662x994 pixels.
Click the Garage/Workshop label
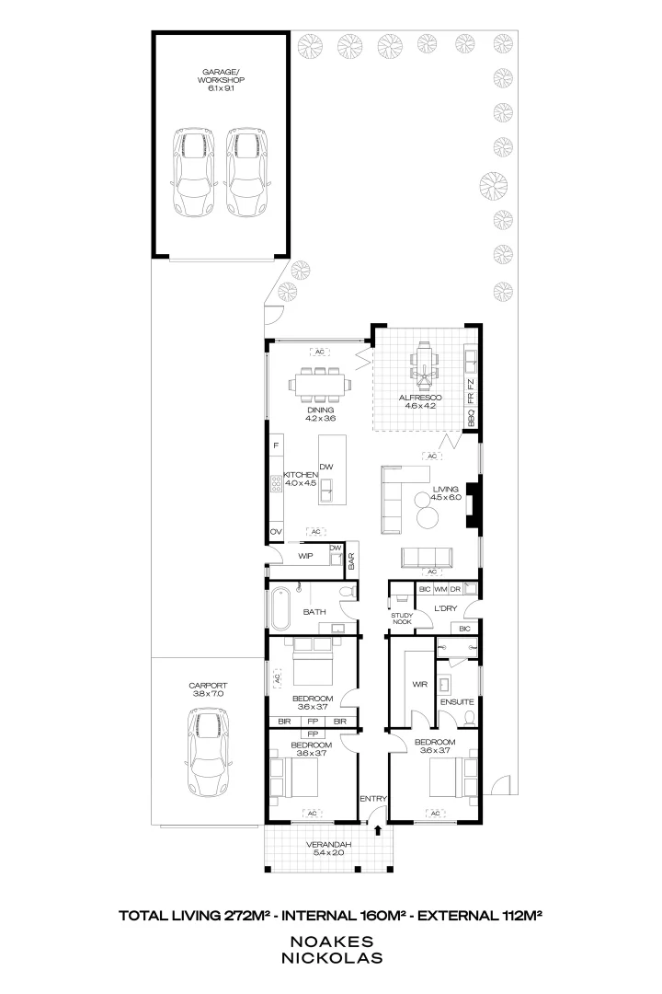[x=217, y=80]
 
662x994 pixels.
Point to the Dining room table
[x=320, y=386]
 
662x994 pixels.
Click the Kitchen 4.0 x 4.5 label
[x=301, y=479]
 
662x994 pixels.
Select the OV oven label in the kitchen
[x=275, y=533]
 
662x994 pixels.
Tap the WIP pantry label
[x=306, y=556]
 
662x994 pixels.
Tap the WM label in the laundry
[x=439, y=587]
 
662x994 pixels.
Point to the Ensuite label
[x=456, y=702]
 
